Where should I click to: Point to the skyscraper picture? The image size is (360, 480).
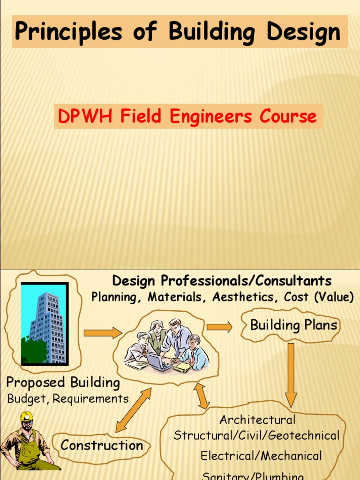45,323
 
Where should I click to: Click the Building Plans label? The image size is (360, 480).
293,325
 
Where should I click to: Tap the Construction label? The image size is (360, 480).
102,445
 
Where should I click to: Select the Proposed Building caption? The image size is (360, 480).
63,382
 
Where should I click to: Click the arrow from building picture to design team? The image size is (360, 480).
102,333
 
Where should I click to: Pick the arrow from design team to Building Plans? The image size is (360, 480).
219,327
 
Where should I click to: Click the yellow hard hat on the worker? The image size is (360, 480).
26,416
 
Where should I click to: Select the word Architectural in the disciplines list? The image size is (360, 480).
257,419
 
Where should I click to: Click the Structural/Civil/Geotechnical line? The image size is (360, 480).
256,435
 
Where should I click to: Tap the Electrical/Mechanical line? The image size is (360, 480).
261,456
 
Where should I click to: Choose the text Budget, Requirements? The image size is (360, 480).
68,399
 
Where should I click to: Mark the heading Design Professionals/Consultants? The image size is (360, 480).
222,281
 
